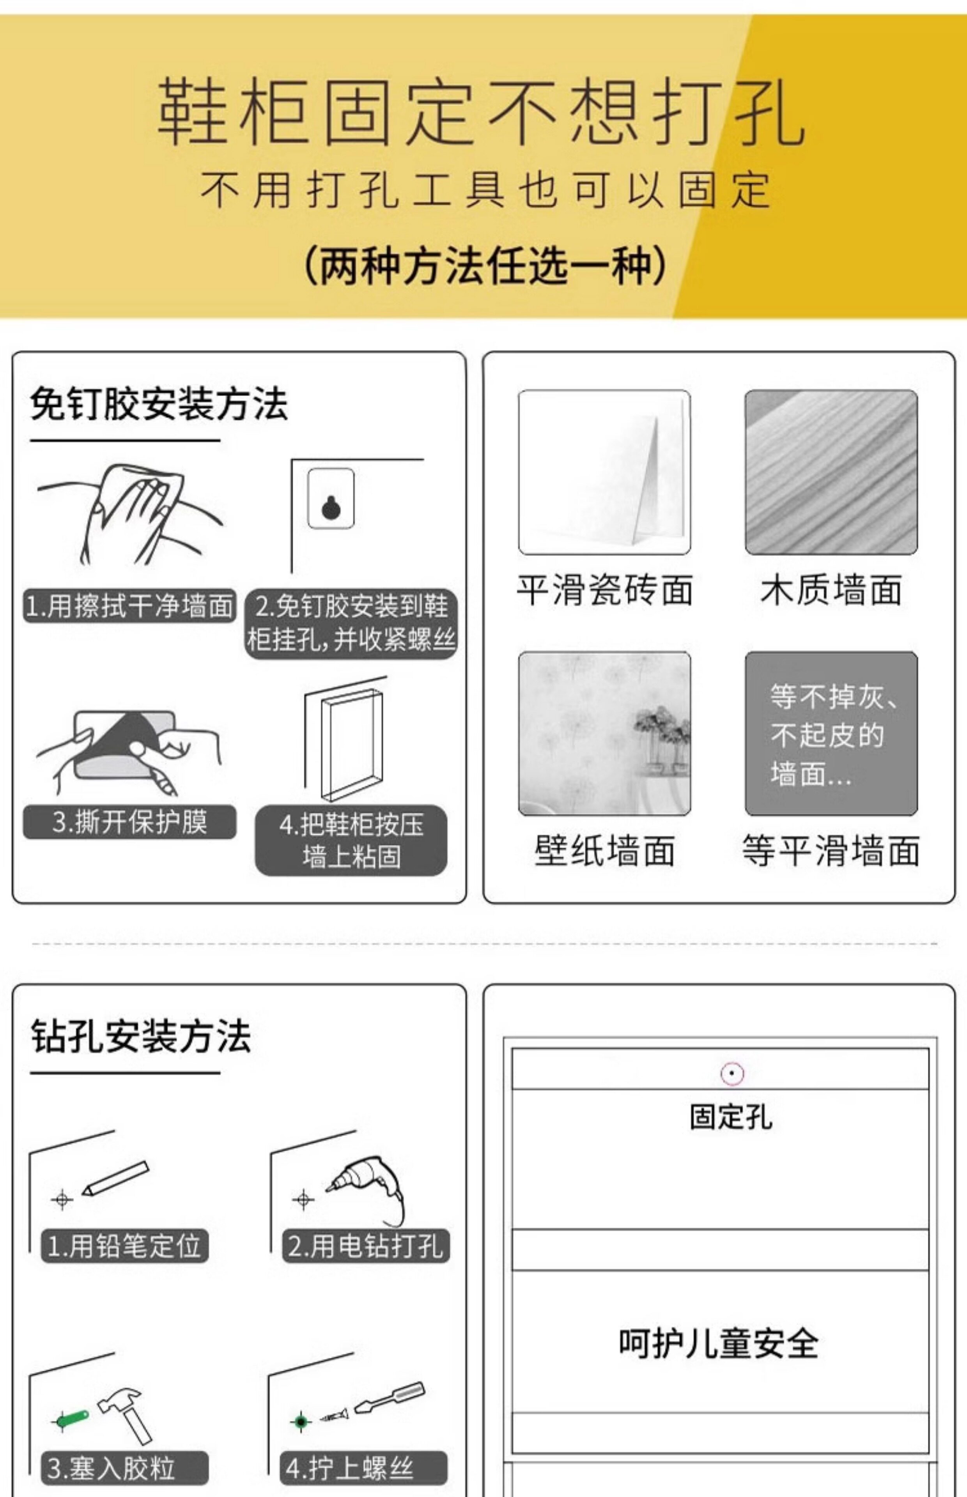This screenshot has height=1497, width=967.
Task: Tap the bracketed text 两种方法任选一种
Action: [485, 265]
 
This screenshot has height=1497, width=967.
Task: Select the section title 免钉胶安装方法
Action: [159, 403]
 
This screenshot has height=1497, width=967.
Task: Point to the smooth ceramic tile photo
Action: [604, 472]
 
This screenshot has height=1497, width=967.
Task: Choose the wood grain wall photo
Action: [831, 472]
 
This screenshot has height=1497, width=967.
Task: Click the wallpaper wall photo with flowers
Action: [604, 733]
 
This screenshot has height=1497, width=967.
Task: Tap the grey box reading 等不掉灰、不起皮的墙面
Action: [831, 733]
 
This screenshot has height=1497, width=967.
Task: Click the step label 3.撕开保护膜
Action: [130, 822]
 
